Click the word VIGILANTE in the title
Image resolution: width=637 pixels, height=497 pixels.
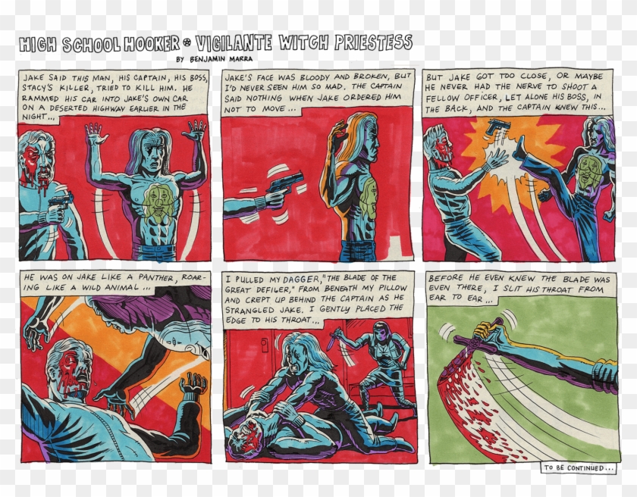pyautogui.click(x=233, y=43)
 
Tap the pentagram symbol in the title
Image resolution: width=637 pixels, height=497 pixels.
pyautogui.click(x=187, y=42)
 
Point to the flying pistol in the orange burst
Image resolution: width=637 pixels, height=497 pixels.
pyautogui.click(x=498, y=127)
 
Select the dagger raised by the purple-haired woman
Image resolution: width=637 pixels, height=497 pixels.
pyautogui.click(x=333, y=339)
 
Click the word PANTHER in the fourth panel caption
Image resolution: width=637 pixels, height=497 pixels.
pyautogui.click(x=156, y=277)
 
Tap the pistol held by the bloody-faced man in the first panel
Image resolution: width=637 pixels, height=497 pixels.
pyautogui.click(x=61, y=202)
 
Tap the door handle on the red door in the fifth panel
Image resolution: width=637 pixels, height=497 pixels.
pyautogui.click(x=265, y=345)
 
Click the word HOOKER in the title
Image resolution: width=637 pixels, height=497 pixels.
pyautogui.click(x=152, y=43)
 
